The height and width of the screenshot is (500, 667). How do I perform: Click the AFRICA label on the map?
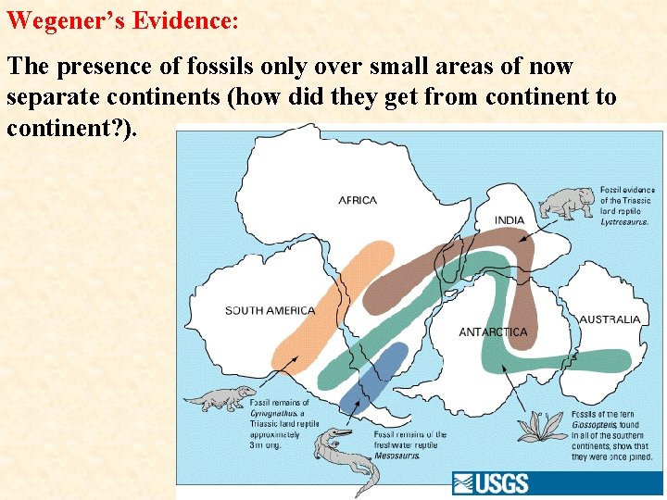(x=358, y=200)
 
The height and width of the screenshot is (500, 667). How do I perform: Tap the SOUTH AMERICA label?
(x=270, y=310)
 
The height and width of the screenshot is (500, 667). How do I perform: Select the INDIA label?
(x=509, y=220)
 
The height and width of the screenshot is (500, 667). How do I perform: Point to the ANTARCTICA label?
(x=493, y=331)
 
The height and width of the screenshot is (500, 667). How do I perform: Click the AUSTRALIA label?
(x=610, y=319)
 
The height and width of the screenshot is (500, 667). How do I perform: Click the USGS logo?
(x=491, y=483)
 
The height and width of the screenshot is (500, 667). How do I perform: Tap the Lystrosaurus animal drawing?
(x=566, y=202)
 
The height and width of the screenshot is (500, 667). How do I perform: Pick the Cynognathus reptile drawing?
(x=220, y=398)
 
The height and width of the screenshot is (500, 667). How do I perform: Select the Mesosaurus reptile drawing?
(x=344, y=457)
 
